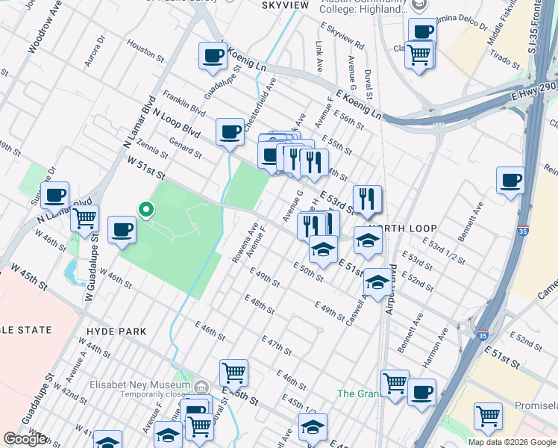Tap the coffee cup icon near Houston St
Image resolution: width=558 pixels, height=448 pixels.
coord(213,56)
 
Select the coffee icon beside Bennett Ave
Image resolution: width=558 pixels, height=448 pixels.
coord(510,180)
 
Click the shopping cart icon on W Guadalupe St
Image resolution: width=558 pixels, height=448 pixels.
coord(84,218)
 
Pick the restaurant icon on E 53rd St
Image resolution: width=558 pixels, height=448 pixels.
coord(367,199)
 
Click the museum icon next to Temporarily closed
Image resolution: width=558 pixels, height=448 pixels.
coord(201,386)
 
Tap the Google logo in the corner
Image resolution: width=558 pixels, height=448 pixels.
coord(25,439)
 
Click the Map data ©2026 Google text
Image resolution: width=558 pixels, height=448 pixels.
coord(511,442)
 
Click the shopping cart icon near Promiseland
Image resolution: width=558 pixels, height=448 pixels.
coord(488,414)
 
